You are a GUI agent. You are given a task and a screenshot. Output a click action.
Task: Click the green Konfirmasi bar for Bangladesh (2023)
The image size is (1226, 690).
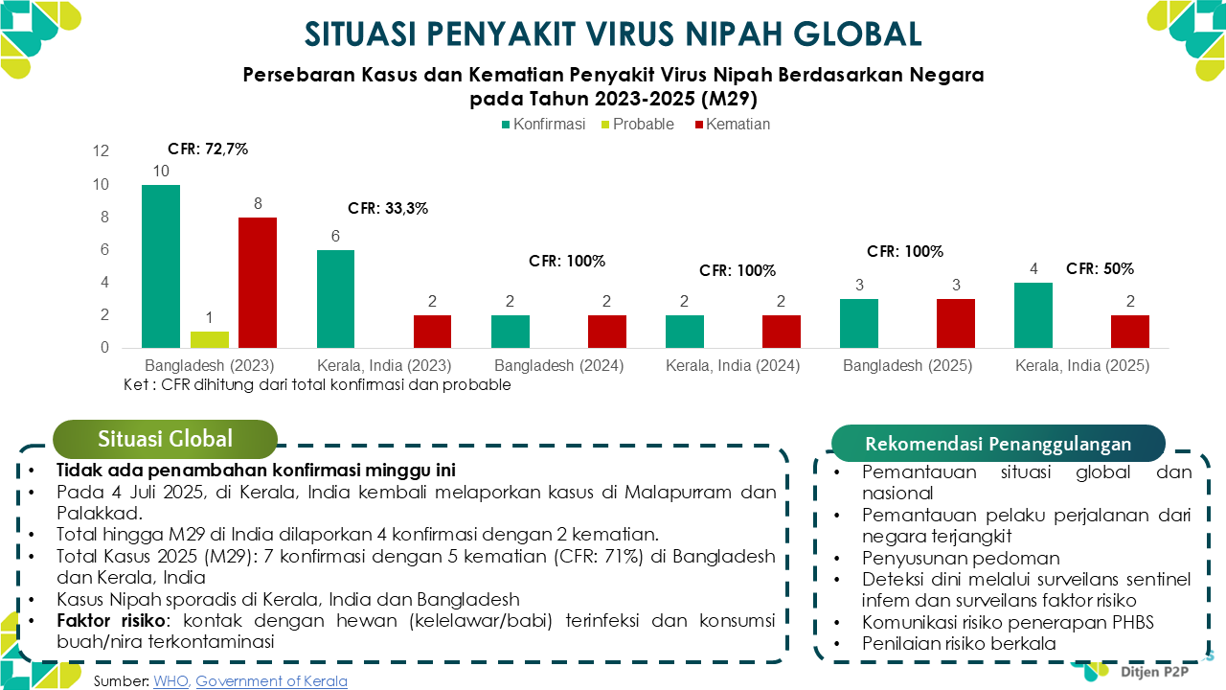point(161,266)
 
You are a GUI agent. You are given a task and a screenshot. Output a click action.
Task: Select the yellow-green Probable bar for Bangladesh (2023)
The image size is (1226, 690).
point(210,339)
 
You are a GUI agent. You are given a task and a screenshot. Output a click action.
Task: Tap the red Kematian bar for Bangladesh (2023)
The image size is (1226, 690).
point(258,283)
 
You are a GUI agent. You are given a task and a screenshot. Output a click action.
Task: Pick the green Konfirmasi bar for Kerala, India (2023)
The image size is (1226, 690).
point(335,299)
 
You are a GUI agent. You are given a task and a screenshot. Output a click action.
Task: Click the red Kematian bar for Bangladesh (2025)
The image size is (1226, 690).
point(955,323)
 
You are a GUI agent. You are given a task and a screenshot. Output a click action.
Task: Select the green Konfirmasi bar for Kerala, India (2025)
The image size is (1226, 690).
point(1033,315)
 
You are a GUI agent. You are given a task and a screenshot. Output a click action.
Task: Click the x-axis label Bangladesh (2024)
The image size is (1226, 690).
point(558,366)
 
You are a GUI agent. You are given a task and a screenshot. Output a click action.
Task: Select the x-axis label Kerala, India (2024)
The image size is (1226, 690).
point(733,366)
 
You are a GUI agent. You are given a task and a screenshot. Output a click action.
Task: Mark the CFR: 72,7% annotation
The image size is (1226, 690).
point(208,149)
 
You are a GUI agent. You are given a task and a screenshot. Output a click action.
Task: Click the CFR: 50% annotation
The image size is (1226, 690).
point(1100,268)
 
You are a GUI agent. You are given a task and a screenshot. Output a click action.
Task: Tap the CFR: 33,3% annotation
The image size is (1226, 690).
point(388,207)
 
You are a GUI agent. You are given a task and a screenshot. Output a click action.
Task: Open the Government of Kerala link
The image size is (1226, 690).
point(271,681)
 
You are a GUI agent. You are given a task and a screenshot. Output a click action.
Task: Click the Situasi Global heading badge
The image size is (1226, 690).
point(165,439)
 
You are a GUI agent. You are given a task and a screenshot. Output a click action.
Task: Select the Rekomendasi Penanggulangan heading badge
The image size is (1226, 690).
point(998,444)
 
